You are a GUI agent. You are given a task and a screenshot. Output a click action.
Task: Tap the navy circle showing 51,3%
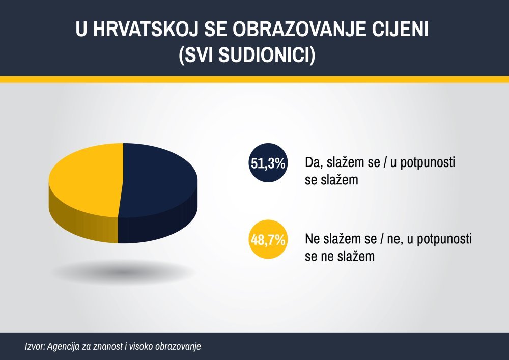268,162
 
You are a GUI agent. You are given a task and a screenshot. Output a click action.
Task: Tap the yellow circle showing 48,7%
268,239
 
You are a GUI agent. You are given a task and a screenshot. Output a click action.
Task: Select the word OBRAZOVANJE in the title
297,29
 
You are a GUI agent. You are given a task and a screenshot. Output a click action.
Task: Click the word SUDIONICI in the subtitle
266,54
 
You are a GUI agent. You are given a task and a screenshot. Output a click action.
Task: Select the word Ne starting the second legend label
313,239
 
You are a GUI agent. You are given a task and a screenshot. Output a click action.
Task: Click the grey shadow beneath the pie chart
123,271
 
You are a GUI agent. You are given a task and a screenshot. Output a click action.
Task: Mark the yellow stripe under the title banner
254,79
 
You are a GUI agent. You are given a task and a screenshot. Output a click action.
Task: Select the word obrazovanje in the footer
178,347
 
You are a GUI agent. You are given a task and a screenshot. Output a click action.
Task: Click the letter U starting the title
82,29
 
